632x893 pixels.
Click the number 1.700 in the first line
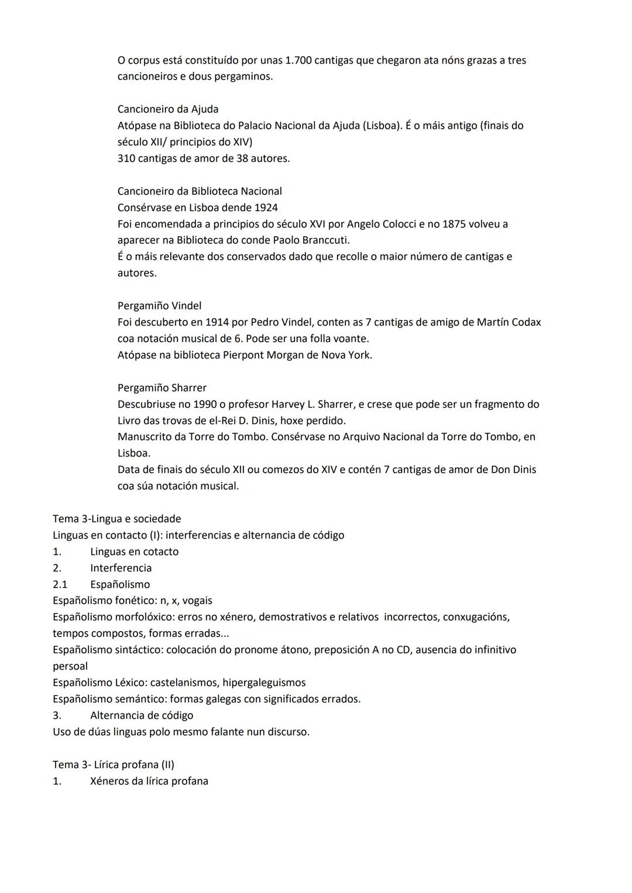point(298,60)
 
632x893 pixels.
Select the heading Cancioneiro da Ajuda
point(168,109)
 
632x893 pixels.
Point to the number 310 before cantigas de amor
point(126,158)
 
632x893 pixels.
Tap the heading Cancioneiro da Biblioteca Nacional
point(200,191)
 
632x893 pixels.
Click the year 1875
point(455,224)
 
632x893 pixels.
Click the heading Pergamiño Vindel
point(159,306)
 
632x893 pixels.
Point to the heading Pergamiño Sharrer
point(162,388)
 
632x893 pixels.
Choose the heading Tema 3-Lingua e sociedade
point(117,519)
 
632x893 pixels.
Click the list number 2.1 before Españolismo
point(60,584)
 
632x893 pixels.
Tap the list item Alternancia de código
point(142,715)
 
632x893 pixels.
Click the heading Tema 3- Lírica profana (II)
point(114,764)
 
